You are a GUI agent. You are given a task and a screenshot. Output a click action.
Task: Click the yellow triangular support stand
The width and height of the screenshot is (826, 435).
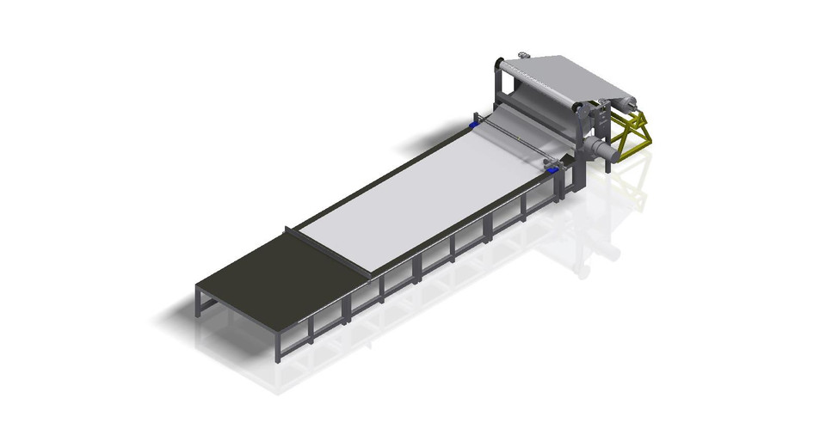point(632,138)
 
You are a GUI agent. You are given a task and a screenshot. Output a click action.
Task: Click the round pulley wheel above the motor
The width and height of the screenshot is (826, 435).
point(580,111)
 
